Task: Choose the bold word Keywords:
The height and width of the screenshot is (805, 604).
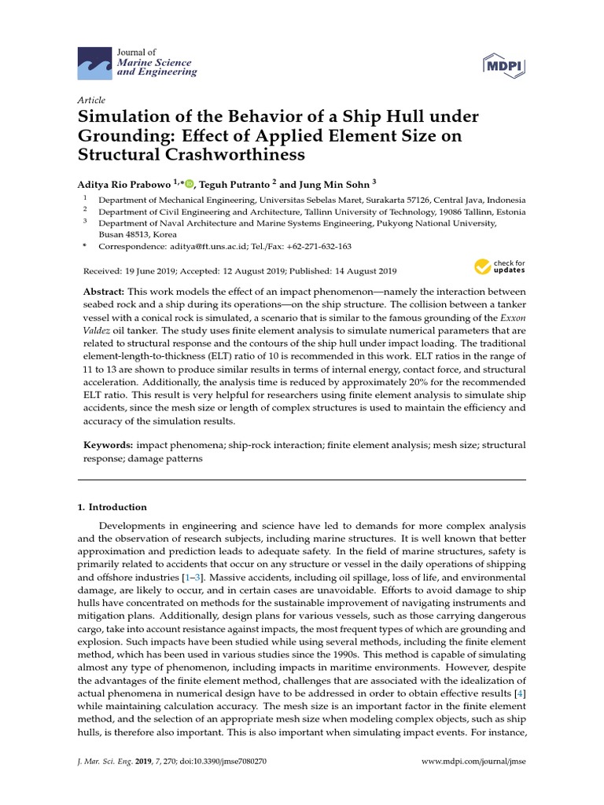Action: (108, 446)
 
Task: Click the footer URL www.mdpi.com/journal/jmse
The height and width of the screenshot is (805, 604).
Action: (474, 762)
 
